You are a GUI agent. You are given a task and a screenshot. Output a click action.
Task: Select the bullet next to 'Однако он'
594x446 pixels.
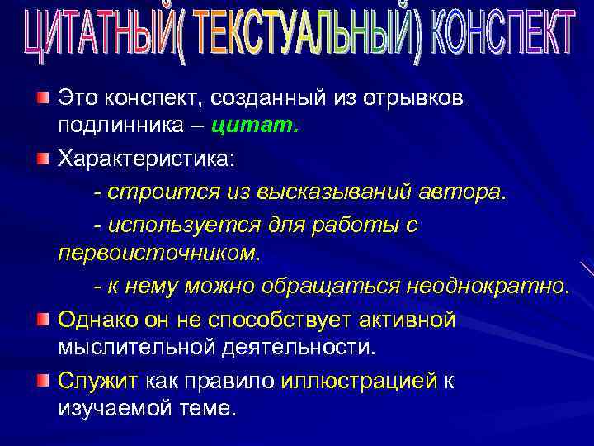point(42,318)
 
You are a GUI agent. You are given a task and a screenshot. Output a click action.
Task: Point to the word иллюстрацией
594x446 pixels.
point(358,381)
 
